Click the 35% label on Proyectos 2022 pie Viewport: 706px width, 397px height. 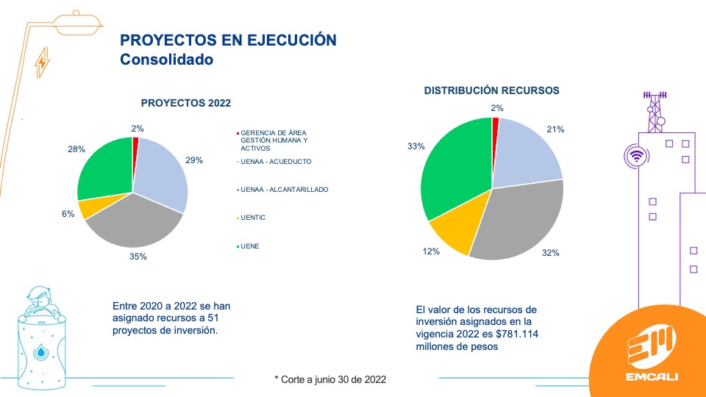pyautogui.click(x=138, y=257)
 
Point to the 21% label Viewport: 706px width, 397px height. pyautogui.click(x=555, y=129)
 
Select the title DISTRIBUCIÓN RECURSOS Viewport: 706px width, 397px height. pyautogui.click(x=492, y=90)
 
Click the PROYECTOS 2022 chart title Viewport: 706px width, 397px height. pyautogui.click(x=186, y=103)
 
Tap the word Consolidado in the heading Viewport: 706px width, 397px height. pyautogui.click(x=167, y=60)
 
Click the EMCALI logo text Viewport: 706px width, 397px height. pyautogui.click(x=652, y=376)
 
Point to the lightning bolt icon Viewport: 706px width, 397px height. pyautogui.click(x=43, y=62)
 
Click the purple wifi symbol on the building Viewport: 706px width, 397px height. pyautogui.click(x=636, y=156)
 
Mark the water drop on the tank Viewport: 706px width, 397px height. pyautogui.click(x=41, y=351)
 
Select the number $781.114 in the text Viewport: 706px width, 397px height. pyautogui.click(x=517, y=334)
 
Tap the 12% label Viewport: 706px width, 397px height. pyautogui.click(x=431, y=251)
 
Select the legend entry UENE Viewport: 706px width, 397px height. pyautogui.click(x=250, y=246)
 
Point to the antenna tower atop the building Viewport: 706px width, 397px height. pyautogui.click(x=655, y=112)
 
